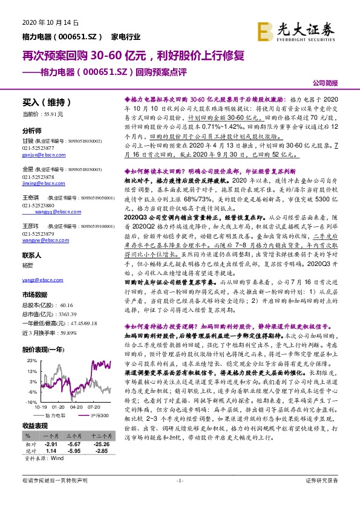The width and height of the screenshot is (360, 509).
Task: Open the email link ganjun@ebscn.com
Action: point(39,154)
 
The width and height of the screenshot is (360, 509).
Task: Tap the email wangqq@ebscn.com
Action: point(54,212)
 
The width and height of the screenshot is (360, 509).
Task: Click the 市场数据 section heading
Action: point(34,294)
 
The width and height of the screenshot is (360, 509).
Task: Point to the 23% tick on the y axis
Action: point(28,360)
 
